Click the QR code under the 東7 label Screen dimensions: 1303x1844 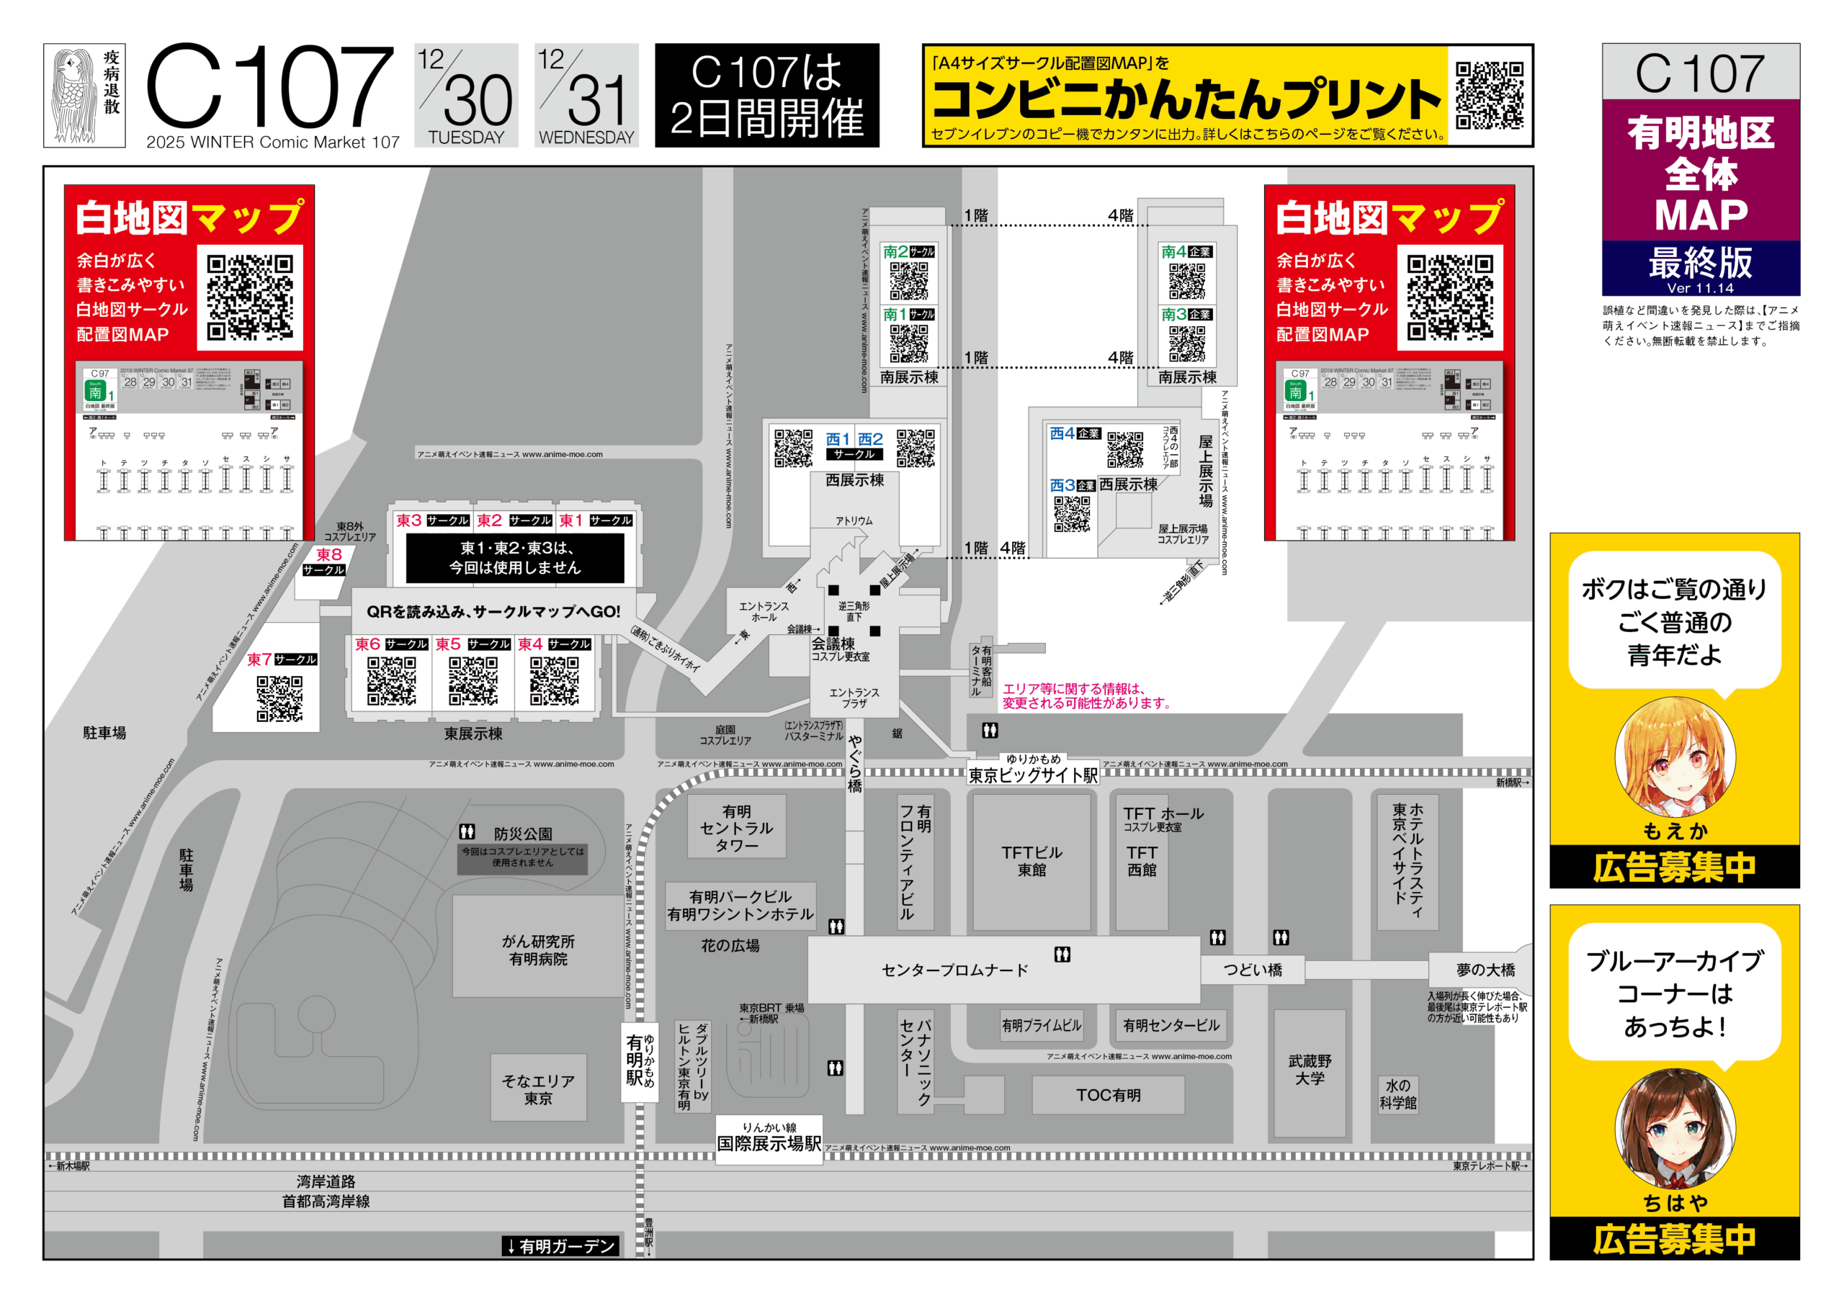coord(279,698)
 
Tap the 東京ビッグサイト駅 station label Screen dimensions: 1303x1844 coord(1032,775)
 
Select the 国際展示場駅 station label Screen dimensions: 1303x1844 coord(769,1142)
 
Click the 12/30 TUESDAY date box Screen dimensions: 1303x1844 coord(466,96)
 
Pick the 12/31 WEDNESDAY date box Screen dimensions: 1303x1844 coord(586,96)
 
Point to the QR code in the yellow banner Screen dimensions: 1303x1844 coord(1489,96)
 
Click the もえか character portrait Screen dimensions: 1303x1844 coord(1675,757)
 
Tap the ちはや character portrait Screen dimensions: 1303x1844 coord(1675,1128)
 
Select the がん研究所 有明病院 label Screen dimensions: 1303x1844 coord(538,950)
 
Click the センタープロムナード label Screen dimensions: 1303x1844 coord(954,970)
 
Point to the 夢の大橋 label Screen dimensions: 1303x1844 coord(1485,970)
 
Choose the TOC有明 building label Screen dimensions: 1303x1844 coord(1109,1095)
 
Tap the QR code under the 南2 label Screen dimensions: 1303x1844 coord(908,281)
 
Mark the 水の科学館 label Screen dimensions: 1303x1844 coord(1397,1094)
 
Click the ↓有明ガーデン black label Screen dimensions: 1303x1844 coord(560,1246)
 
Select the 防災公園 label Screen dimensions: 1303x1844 coord(523,834)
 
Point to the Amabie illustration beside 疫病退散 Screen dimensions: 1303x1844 coord(75,96)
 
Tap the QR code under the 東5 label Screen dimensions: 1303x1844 coord(473,681)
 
